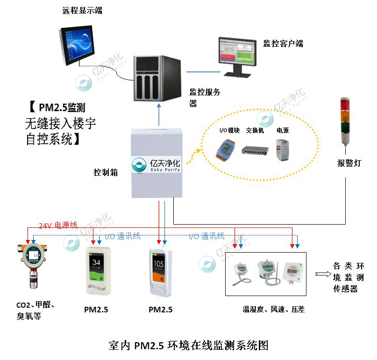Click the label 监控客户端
pyautogui.click(x=283, y=44)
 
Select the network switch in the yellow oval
pyautogui.click(x=255, y=150)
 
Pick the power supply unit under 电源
pyautogui.click(x=282, y=150)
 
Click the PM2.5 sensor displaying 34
pyautogui.click(x=97, y=271)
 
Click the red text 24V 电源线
pyautogui.click(x=58, y=226)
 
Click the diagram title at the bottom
pyautogui.click(x=188, y=346)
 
